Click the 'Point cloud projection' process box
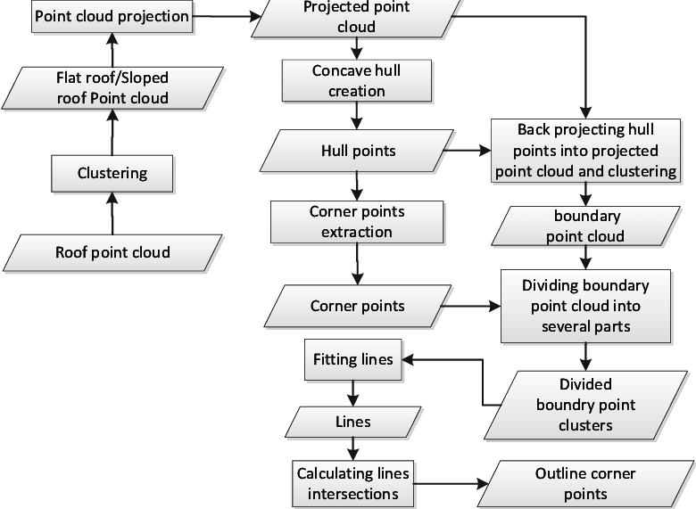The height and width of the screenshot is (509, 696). tap(112, 16)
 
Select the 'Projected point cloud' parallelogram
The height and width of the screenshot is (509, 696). tap(356, 18)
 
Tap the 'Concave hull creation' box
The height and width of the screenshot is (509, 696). tap(356, 80)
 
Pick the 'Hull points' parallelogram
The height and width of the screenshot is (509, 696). tap(357, 151)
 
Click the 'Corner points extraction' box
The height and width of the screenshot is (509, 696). tap(356, 222)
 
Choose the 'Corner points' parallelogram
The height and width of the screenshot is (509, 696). tap(357, 306)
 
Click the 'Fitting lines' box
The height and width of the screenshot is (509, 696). tap(352, 359)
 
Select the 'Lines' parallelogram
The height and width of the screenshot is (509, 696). tap(352, 422)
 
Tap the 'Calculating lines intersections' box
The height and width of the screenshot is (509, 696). tap(353, 482)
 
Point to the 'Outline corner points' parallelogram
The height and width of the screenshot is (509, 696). tap(584, 483)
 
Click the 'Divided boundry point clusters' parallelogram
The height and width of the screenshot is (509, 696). tap(584, 405)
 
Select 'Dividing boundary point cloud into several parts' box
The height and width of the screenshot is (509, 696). tap(585, 307)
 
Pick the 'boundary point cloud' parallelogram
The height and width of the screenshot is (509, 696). tap(586, 226)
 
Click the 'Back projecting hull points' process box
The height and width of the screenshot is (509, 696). tap(585, 151)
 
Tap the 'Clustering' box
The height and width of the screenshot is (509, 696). tap(112, 173)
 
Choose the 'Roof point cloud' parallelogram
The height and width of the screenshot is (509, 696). tap(112, 252)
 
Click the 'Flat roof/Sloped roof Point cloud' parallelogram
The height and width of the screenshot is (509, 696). tap(112, 88)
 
